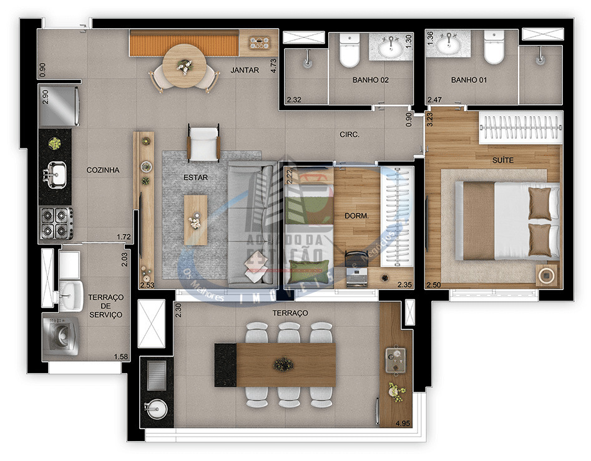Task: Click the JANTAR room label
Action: point(244,70)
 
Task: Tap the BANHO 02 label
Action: point(371,80)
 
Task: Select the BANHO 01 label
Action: point(469,80)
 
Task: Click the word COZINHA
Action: point(103,170)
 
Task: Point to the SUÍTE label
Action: point(502,160)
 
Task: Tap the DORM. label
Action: point(357,216)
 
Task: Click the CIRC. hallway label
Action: point(349,134)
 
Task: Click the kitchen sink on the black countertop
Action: point(56,173)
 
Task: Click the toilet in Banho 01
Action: point(493,50)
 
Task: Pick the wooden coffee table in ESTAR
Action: point(195,220)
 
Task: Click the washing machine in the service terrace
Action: point(61,334)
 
